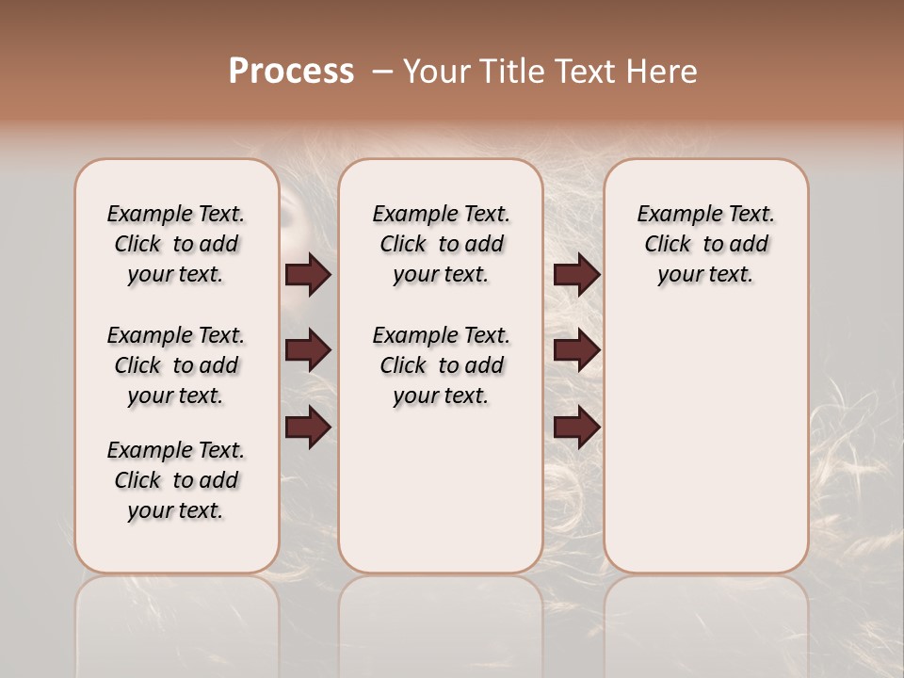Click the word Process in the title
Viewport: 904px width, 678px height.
pos(291,72)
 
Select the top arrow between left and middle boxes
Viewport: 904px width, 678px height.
pos(308,275)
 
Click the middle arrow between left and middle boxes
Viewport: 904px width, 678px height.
pos(308,351)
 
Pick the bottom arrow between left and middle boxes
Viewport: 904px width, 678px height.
pos(308,428)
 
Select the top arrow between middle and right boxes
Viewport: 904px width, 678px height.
pos(576,275)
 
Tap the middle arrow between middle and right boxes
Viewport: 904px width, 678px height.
pos(576,351)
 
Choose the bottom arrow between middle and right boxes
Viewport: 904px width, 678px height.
pos(576,428)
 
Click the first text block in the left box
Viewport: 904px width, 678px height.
pos(176,244)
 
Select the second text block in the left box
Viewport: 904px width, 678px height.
pos(176,365)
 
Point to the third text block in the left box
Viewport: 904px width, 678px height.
pos(176,480)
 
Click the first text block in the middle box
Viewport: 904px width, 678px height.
pos(441,244)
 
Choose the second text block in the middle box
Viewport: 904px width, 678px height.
pos(441,365)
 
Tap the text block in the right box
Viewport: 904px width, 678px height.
pos(705,244)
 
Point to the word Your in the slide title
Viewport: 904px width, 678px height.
pos(436,72)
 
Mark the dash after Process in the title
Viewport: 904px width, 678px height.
pos(381,72)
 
